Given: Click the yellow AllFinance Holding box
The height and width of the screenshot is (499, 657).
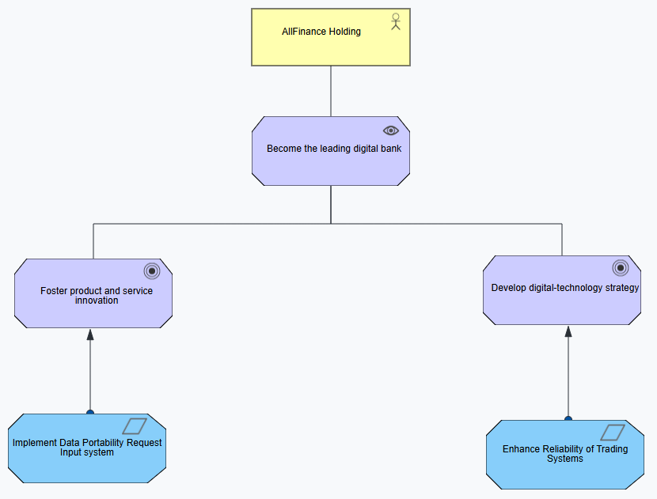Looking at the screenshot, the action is point(331,37).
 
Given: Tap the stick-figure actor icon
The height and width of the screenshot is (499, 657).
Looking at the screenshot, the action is point(396,21).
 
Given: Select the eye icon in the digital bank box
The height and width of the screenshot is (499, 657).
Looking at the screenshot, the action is point(390,130).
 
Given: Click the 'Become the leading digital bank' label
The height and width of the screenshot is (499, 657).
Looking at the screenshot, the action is point(334,149).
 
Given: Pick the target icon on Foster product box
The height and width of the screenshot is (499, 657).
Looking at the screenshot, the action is point(152,270).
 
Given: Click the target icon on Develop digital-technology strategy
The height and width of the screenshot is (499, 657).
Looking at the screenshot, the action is point(620,268).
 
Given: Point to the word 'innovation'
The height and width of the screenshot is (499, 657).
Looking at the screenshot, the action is point(97,301).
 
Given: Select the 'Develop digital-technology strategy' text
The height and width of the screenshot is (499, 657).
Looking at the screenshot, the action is point(565,288).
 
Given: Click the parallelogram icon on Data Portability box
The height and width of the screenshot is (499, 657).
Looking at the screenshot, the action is point(135,426).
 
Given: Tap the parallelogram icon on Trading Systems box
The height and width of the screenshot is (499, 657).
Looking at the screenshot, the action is point(613,433).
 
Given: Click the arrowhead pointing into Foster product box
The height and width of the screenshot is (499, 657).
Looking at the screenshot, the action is point(90,335).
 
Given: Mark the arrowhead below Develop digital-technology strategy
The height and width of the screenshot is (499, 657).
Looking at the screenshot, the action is point(568,331).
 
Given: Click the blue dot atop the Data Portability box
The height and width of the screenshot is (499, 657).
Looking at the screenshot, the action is point(90,412).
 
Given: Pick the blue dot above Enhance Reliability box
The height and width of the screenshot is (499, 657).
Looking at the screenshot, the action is point(568,418).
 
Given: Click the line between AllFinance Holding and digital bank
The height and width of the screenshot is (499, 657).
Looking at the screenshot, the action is point(331,91).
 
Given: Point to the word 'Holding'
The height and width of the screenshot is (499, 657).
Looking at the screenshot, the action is point(344,32).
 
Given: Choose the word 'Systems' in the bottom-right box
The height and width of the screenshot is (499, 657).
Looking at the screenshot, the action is point(565,459).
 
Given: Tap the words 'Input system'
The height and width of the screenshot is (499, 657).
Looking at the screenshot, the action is point(87,452).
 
